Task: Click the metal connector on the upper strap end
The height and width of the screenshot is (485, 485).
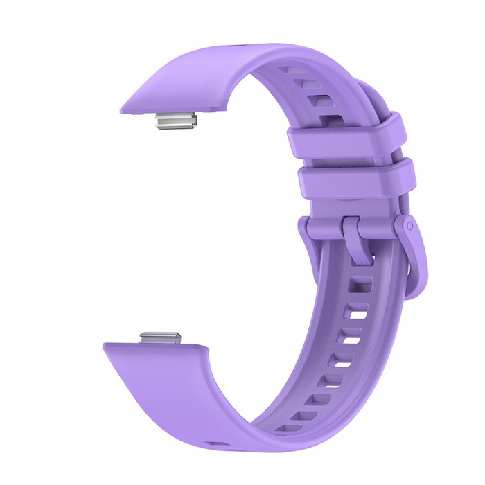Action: click(x=177, y=123)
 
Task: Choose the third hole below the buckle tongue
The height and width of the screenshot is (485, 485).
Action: click(x=350, y=339)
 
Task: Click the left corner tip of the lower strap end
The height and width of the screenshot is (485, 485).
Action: click(x=106, y=346)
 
